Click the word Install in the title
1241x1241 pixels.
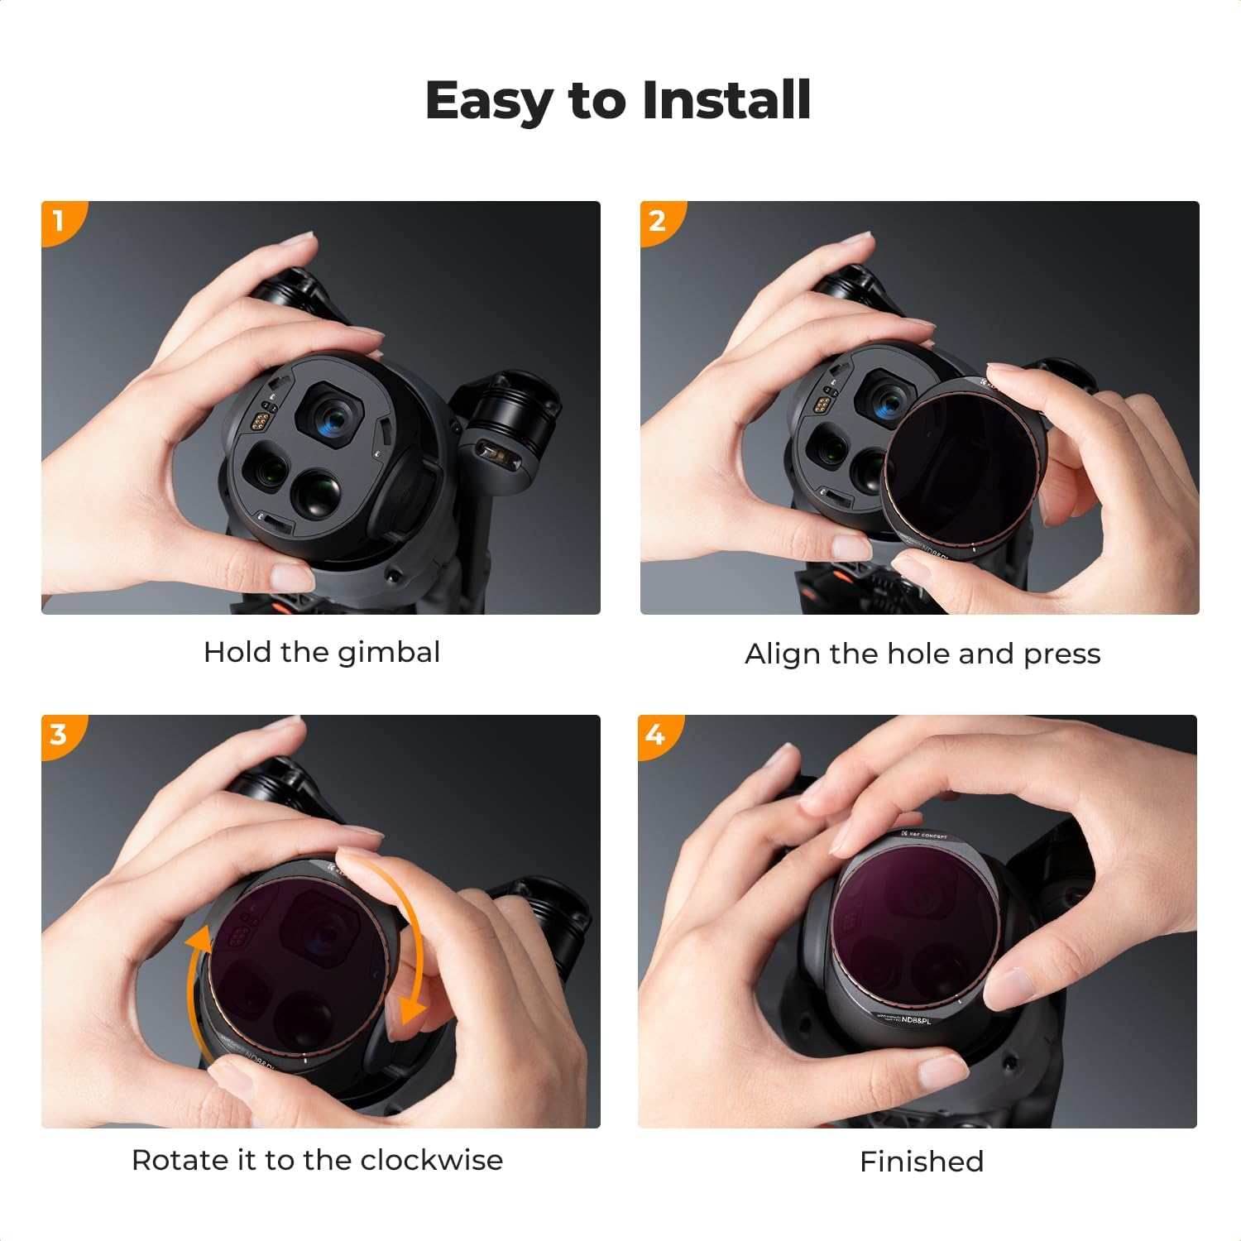(x=726, y=100)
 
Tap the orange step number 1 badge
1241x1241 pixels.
(x=59, y=220)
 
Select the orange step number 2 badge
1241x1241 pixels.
(x=658, y=220)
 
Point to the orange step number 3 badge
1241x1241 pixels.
(x=59, y=734)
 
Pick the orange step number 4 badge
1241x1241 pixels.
(x=656, y=734)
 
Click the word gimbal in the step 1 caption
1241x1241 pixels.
(x=389, y=653)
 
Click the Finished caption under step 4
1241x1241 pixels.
(x=922, y=1162)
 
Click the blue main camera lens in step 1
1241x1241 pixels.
(x=334, y=411)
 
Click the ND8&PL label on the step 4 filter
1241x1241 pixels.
(x=916, y=1020)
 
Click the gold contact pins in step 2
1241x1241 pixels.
(x=822, y=405)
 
